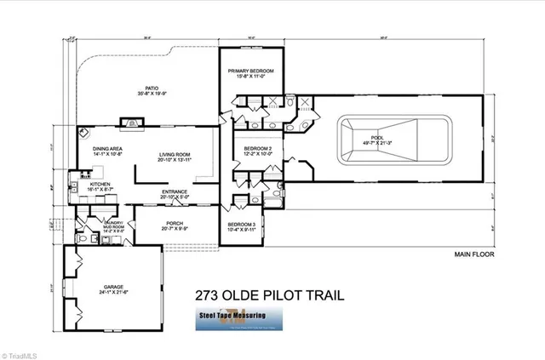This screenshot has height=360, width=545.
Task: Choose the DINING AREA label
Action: point(107,149)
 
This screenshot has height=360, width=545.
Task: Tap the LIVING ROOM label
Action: point(175,155)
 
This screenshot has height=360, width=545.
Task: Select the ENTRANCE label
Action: point(175,191)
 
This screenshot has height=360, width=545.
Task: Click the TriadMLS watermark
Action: point(24,351)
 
